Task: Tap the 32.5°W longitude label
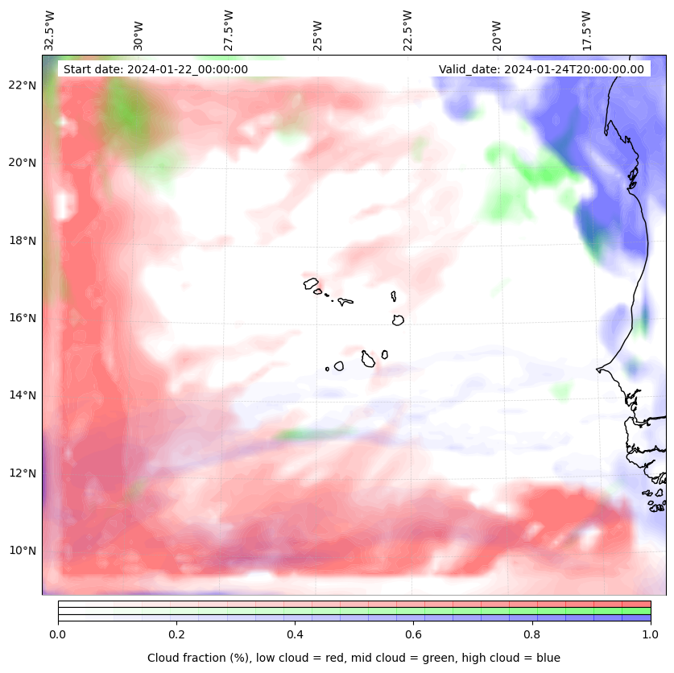pos(50,31)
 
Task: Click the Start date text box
pos(155,69)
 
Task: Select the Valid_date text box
pos(541,69)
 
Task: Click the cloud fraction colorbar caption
pos(354,658)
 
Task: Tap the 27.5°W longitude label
pos(229,31)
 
